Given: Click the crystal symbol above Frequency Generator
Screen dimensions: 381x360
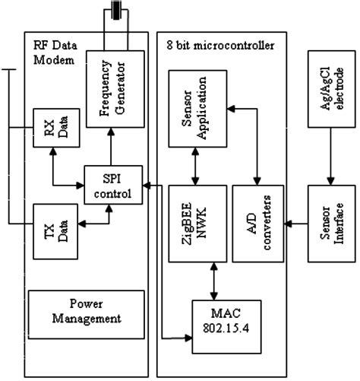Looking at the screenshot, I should [x=115, y=11].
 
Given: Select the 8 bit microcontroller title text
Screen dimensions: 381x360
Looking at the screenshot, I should [x=220, y=45].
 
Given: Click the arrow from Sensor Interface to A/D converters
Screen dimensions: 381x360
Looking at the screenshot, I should [x=294, y=221].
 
